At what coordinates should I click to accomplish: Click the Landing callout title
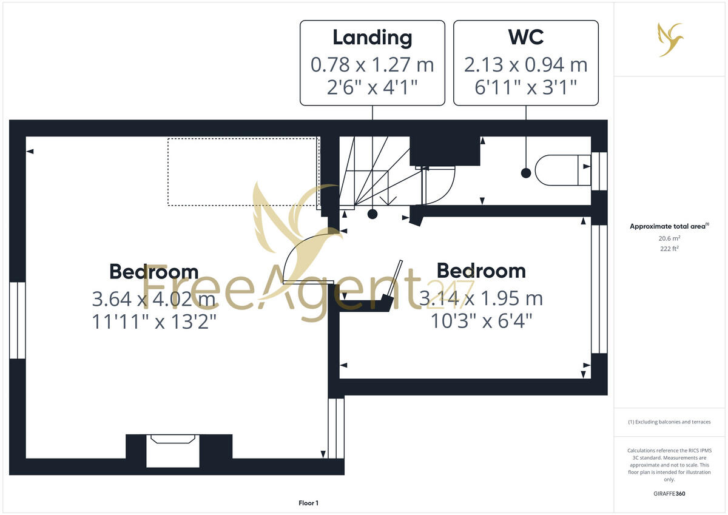click(x=372, y=38)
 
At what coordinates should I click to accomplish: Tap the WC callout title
click(x=526, y=38)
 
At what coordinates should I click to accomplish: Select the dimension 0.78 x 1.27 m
click(x=372, y=64)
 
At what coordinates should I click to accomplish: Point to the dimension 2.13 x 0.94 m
click(x=526, y=64)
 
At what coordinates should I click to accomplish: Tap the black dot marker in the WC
click(x=526, y=173)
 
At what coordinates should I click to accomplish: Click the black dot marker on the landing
click(x=372, y=214)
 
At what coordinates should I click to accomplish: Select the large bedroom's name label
click(x=153, y=271)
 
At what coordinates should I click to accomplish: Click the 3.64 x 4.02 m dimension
click(x=153, y=299)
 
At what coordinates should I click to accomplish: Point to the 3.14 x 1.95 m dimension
click(x=482, y=298)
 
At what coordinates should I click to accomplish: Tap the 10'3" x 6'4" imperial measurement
click(x=482, y=320)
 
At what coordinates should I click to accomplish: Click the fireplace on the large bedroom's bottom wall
click(x=173, y=450)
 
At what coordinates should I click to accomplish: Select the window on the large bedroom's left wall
click(x=18, y=320)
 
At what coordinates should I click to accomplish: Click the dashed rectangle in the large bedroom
click(x=243, y=172)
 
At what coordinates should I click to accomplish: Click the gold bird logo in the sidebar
click(x=670, y=39)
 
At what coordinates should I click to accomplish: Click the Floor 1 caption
click(x=308, y=503)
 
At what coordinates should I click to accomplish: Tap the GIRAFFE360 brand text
click(x=669, y=494)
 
